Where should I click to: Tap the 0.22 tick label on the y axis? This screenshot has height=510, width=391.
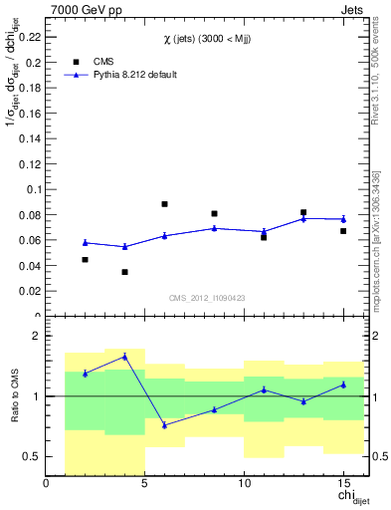pyautogui.click(x=31, y=36)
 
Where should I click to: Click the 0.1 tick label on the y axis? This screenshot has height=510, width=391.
pyautogui.click(x=34, y=188)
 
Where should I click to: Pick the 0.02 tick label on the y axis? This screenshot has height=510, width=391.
pyautogui.click(x=31, y=291)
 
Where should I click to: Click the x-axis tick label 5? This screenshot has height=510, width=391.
pyautogui.click(x=145, y=485)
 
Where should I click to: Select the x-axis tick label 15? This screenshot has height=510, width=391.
pyautogui.click(x=342, y=485)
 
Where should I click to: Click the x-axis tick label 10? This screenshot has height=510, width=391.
pyautogui.click(x=244, y=485)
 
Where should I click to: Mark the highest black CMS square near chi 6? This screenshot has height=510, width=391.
pyautogui.click(x=164, y=204)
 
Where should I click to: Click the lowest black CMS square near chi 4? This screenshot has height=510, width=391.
pyautogui.click(x=124, y=272)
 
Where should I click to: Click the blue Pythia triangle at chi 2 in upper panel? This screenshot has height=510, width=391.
pyautogui.click(x=85, y=242)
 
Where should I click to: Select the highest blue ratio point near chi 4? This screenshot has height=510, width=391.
pyautogui.click(x=124, y=356)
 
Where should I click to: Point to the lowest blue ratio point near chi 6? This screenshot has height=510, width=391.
pyautogui.click(x=164, y=425)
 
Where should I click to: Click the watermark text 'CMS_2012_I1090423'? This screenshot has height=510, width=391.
pyautogui.click(x=207, y=298)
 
